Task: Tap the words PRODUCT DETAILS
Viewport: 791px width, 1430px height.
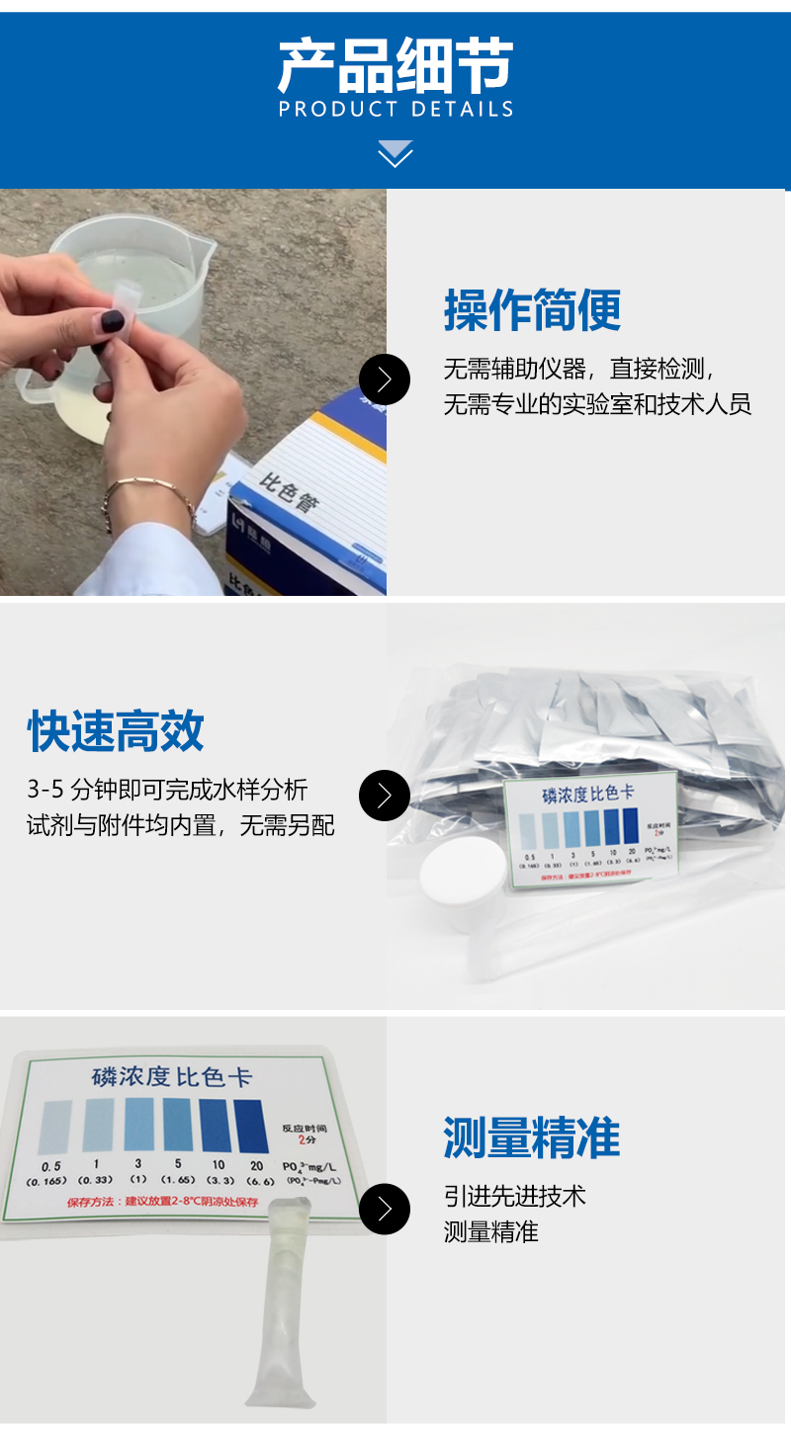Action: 395,109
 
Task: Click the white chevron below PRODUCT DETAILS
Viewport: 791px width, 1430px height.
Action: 395,154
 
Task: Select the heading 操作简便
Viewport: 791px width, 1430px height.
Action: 532,310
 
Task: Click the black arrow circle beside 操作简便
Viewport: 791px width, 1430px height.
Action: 384,379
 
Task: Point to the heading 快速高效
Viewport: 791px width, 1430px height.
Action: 116,731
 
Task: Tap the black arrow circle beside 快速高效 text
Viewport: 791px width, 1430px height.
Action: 384,796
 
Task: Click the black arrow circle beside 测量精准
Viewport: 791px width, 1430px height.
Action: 384,1209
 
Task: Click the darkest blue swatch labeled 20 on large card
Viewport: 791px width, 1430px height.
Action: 250,1126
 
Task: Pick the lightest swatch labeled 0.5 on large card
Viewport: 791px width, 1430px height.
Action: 51,1127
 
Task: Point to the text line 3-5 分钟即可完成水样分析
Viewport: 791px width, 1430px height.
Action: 167,790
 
